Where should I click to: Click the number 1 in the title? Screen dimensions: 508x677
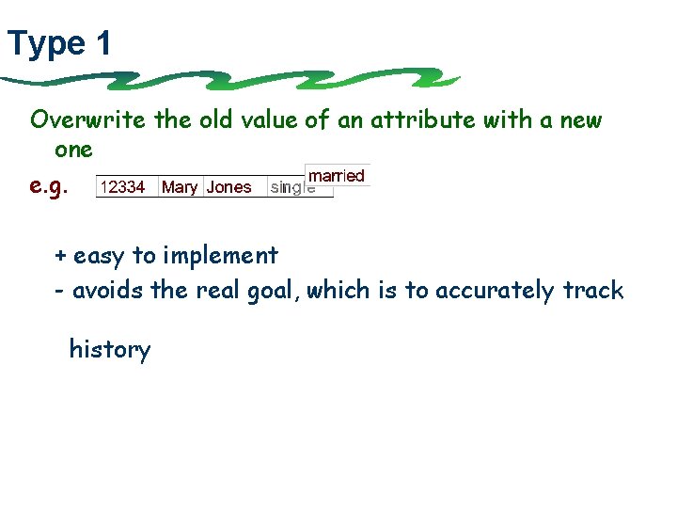click(102, 43)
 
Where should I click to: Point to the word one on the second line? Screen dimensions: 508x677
click(73, 150)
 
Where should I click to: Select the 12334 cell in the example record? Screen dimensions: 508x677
click(122, 187)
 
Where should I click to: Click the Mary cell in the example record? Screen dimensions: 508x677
click(180, 187)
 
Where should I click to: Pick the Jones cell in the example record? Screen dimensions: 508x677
click(229, 187)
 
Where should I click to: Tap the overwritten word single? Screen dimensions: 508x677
click(292, 187)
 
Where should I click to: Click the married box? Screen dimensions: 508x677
click(337, 176)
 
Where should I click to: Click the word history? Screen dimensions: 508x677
click(110, 350)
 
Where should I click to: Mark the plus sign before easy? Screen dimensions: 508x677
click(60, 256)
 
